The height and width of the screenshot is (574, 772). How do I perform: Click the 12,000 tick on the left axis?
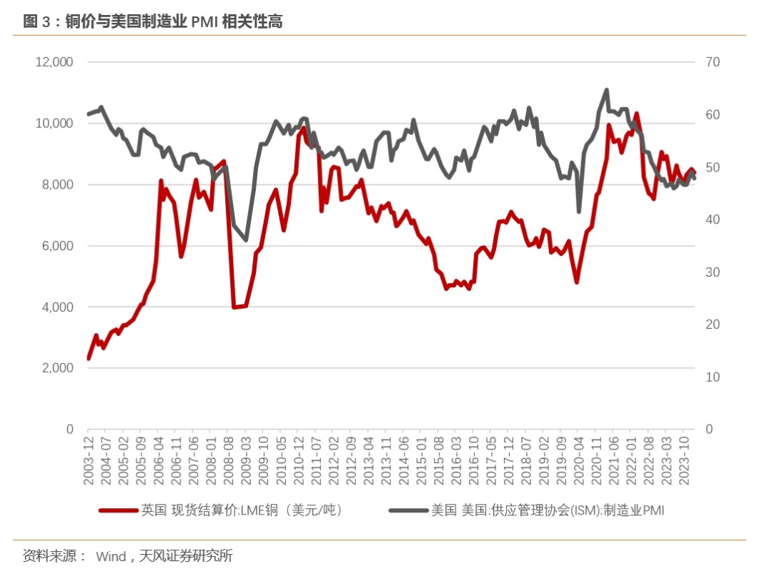[x=54, y=62]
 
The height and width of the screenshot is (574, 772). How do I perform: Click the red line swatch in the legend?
[x=117, y=510]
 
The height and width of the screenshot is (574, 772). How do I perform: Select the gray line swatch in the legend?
[x=407, y=510]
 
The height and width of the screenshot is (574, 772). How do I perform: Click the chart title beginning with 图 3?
[x=153, y=22]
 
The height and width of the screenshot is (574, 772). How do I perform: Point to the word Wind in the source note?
[x=111, y=555]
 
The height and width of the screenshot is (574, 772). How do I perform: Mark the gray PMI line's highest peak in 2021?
[x=606, y=90]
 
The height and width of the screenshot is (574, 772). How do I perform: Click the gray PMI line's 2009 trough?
[x=246, y=239]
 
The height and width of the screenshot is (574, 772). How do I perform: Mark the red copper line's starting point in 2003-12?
[x=89, y=358]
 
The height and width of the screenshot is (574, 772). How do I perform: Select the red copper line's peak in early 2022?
[x=636, y=113]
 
